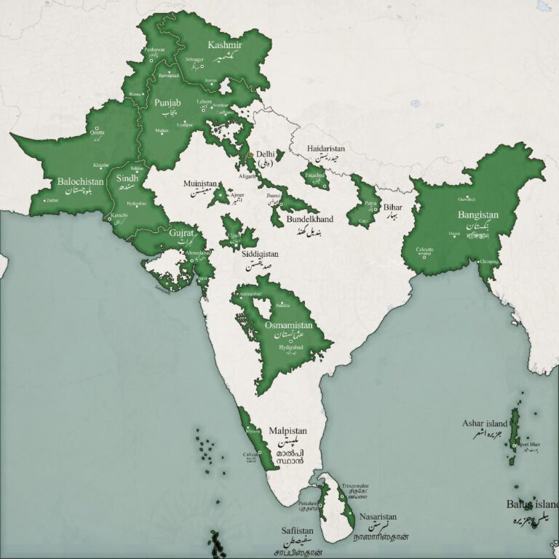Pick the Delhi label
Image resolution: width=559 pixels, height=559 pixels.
pyautogui.click(x=266, y=155)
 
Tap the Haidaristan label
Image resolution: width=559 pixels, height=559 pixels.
pyautogui.click(x=325, y=148)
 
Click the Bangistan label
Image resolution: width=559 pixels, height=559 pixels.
pyautogui.click(x=478, y=215)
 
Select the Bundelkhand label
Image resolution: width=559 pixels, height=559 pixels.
pyautogui.click(x=310, y=219)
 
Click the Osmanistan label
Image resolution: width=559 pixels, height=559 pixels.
pyautogui.click(x=288, y=325)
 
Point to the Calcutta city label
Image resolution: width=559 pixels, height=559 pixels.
pyautogui.click(x=424, y=250)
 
